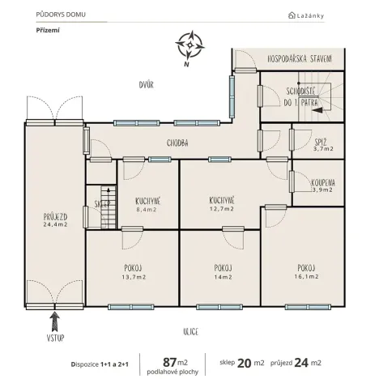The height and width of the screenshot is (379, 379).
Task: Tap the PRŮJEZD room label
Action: (x=55, y=217)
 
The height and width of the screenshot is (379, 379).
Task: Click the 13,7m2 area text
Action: (x=134, y=277)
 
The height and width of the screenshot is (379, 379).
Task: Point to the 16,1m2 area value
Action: (x=305, y=277)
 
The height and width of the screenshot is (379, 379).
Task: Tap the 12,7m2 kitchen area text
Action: (x=221, y=209)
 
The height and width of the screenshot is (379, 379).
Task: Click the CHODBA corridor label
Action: (x=178, y=143)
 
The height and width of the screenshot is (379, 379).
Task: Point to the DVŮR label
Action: (x=147, y=84)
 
